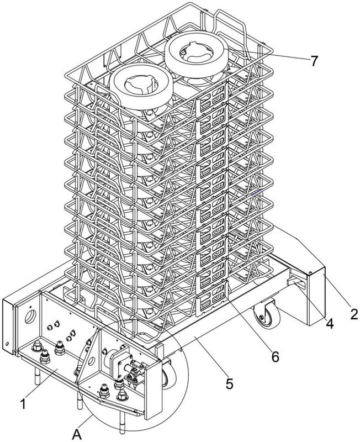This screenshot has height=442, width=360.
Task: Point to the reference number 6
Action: (275, 356)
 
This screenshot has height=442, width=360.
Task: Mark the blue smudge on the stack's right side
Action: (255, 193)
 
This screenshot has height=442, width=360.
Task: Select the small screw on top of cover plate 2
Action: (311, 272)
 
